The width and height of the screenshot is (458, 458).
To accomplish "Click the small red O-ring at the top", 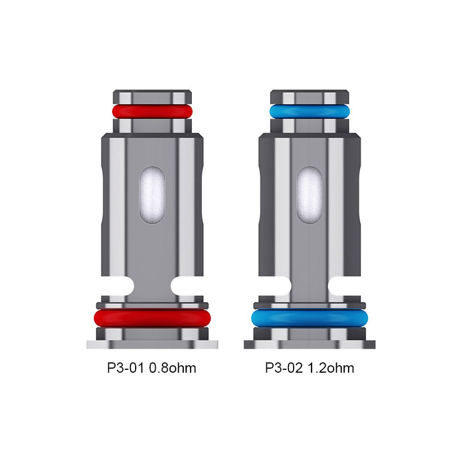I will click(152, 111).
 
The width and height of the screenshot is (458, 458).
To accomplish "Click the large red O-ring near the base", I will click(152, 318).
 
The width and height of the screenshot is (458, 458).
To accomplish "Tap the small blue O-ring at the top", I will click(310, 111).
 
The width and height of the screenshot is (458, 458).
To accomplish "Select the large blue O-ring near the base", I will click(310, 318).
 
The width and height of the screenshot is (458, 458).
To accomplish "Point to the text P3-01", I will click(126, 368).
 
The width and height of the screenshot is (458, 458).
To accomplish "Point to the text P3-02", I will click(284, 368).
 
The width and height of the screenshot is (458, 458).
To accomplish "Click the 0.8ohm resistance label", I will click(172, 368).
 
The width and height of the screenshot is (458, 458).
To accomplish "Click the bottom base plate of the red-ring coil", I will click(152, 344).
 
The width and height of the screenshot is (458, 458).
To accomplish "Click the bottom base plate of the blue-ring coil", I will click(310, 344).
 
